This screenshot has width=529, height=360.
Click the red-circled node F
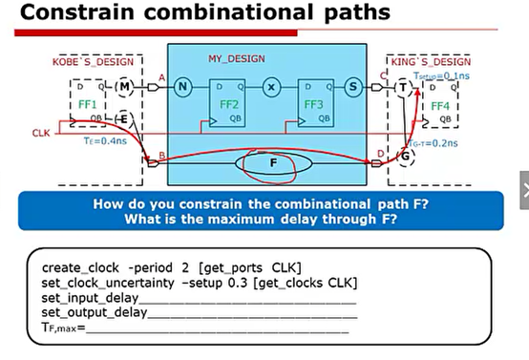(x=274, y=163)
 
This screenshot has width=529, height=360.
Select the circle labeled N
(x=185, y=87)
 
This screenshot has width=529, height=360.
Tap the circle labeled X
(x=271, y=87)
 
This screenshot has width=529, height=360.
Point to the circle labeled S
(x=353, y=87)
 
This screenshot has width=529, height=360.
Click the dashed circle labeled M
(x=126, y=87)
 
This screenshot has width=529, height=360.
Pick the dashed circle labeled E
(x=124, y=117)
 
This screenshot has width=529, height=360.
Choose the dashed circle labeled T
(x=402, y=87)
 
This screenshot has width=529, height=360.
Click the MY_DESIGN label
(x=236, y=59)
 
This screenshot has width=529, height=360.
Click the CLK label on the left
(x=40, y=133)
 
